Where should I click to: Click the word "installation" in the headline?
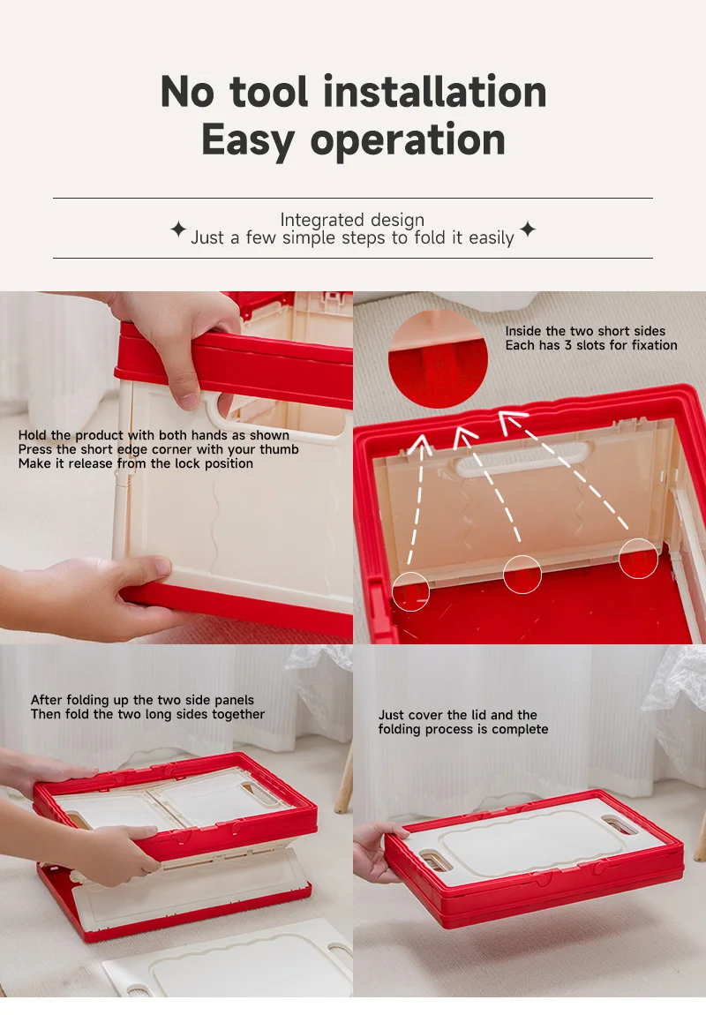pyautogui.click(x=434, y=91)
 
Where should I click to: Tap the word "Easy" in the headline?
pyautogui.click(x=248, y=140)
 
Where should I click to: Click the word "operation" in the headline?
pyautogui.click(x=408, y=140)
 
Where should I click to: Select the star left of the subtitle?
pyautogui.click(x=178, y=229)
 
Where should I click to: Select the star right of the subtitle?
pyautogui.click(x=528, y=229)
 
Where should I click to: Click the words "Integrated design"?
pyautogui.click(x=352, y=220)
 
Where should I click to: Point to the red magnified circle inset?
pyautogui.click(x=438, y=358)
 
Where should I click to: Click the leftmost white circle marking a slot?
pyautogui.click(x=411, y=591)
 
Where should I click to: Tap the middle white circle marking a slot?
pyautogui.click(x=522, y=575)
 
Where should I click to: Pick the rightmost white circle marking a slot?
pyautogui.click(x=638, y=558)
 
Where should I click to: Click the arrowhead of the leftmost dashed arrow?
pyautogui.click(x=421, y=443)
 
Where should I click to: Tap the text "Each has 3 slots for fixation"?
pyautogui.click(x=591, y=345)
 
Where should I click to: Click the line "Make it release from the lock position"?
pyautogui.click(x=136, y=463)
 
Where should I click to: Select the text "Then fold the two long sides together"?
pyautogui.click(x=147, y=714)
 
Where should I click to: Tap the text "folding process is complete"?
pyautogui.click(x=463, y=730)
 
